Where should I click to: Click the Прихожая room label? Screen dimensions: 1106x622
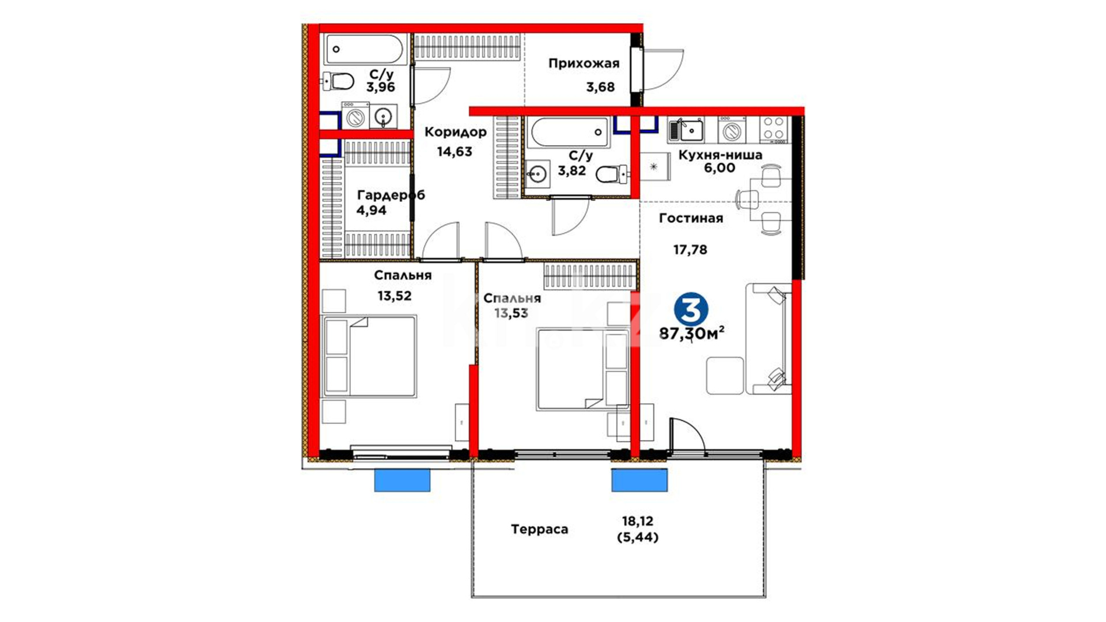pyautogui.click(x=584, y=63)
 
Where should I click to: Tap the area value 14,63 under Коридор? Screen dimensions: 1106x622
pyautogui.click(x=454, y=152)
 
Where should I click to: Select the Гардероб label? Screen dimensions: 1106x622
pyautogui.click(x=391, y=195)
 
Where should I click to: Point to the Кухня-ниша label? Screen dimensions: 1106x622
pyautogui.click(x=720, y=155)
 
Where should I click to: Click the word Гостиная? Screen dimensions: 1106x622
pyautogui.click(x=691, y=218)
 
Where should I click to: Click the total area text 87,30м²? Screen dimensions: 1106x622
pyautogui.click(x=692, y=333)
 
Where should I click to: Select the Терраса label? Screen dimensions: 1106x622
pyautogui.click(x=539, y=529)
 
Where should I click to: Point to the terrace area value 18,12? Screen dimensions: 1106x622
pyautogui.click(x=638, y=521)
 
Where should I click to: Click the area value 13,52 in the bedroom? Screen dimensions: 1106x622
pyautogui.click(x=395, y=296)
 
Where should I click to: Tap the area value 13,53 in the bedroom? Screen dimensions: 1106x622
pyautogui.click(x=511, y=313)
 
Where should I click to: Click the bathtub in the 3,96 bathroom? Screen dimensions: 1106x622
pyautogui.click(x=365, y=50)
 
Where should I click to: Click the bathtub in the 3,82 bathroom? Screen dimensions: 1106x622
pyautogui.click(x=569, y=132)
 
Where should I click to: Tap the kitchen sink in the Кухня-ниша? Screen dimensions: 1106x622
pyautogui.click(x=685, y=130)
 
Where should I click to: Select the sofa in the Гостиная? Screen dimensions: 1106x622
pyautogui.click(x=768, y=339)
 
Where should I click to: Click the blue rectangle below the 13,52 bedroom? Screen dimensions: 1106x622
pyautogui.click(x=402, y=480)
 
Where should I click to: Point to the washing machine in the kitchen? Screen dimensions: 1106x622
pyautogui.click(x=732, y=130)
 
